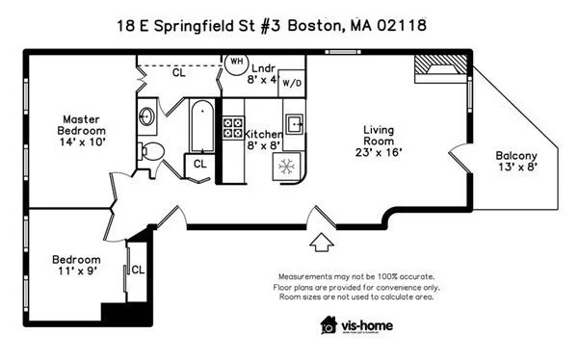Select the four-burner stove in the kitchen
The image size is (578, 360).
coord(233,130)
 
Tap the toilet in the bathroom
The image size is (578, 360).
coord(150,150)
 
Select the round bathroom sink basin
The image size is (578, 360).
coord(146,117)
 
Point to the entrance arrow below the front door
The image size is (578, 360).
coord(322,237)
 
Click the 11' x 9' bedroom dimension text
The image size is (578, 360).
coord(75,272)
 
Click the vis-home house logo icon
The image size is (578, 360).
coord(329,325)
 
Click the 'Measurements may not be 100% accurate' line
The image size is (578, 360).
coord(356,276)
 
